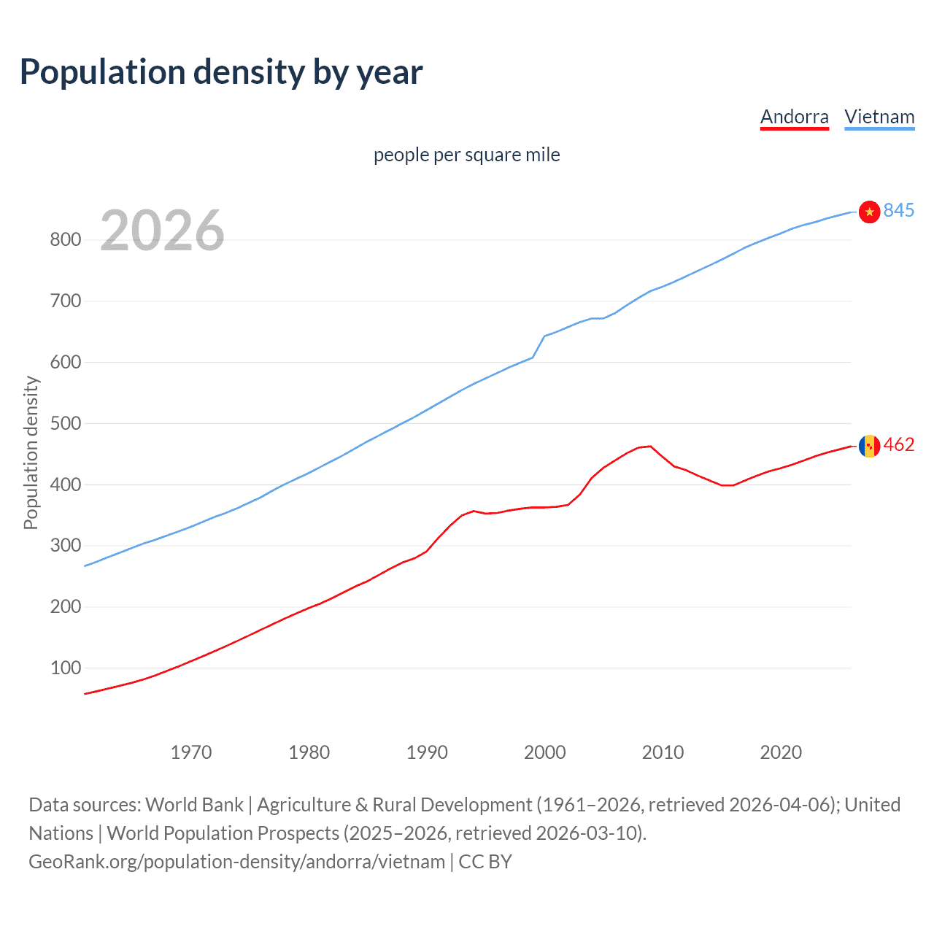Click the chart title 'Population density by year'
click(221, 72)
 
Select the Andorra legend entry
click(794, 117)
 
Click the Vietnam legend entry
click(879, 117)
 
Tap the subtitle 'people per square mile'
click(466, 155)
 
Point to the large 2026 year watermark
click(162, 231)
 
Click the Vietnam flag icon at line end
click(869, 212)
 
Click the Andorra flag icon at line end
click(869, 445)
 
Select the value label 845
click(898, 210)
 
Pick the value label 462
click(898, 444)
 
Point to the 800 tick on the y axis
click(65, 239)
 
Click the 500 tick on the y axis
click(65, 423)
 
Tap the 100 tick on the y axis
click(65, 668)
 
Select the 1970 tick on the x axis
click(191, 752)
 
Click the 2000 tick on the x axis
click(545, 752)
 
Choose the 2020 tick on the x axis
click(781, 752)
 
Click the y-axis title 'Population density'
click(31, 452)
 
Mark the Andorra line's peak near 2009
click(650, 446)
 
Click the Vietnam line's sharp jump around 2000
click(539, 346)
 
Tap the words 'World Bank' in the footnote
click(194, 804)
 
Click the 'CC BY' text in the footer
click(485, 861)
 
